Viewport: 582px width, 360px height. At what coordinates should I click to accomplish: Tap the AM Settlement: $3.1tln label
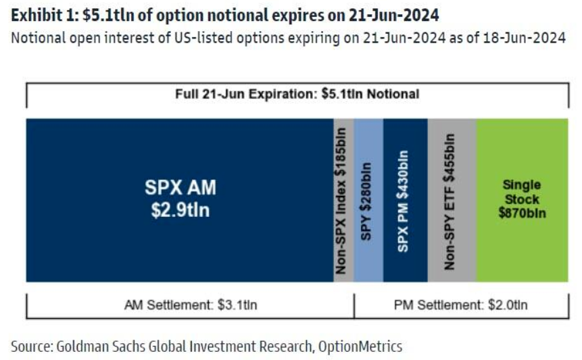tap(191, 305)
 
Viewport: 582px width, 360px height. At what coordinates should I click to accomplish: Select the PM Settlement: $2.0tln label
tap(460, 305)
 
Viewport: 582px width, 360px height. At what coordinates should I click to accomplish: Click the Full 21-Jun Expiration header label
tap(297, 94)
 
